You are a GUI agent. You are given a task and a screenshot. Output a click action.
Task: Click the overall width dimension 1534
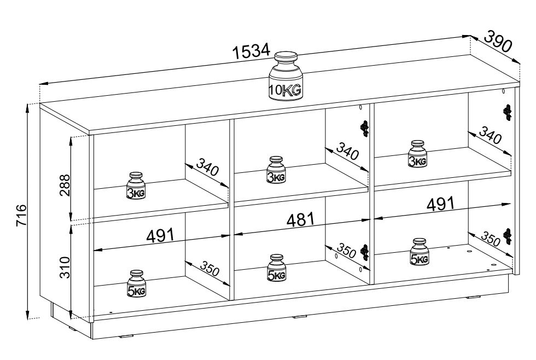pos(251,51)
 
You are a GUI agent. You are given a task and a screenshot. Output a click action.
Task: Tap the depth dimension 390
pos(499,40)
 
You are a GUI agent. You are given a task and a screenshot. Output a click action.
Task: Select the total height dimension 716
pos(21,215)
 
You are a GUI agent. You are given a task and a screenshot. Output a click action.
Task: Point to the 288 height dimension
pos(65,185)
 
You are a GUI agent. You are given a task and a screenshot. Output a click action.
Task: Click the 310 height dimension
pos(65,268)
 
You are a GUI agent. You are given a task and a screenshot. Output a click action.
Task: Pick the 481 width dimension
pos(300,219)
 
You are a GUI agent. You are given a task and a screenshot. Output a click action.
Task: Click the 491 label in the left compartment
pos(160,235)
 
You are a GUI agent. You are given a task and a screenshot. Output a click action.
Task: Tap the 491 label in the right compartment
pos(441,204)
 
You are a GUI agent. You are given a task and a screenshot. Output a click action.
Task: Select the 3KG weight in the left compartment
pos(136,185)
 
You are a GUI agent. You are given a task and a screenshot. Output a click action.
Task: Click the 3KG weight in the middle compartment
pos(276,170)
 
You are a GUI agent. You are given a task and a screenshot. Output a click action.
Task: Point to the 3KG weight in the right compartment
pos(417,154)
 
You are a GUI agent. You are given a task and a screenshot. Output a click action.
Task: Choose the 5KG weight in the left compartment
pos(136,283)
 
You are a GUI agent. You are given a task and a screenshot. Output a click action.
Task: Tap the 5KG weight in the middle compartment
pos(276,268)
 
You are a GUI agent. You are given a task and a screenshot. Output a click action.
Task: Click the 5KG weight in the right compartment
pos(419,252)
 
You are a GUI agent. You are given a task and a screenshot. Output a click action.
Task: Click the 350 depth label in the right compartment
pos(491,239)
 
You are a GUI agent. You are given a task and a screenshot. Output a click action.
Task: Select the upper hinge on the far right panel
pos(508,112)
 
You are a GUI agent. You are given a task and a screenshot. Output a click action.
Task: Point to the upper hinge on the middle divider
pos(365,129)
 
